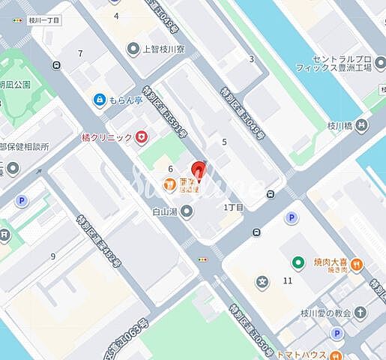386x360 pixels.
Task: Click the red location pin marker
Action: [199, 172]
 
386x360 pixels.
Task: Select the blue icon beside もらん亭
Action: [99, 99]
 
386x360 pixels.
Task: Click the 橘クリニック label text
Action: [106, 137]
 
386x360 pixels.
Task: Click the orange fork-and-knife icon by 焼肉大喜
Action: [357, 263]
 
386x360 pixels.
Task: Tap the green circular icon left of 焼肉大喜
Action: [298, 262]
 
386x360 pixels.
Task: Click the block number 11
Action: [288, 280]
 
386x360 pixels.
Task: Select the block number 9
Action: [53, 256]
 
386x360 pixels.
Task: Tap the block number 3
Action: [251, 58]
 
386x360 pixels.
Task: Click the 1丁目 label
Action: [233, 207]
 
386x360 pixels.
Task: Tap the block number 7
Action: [80, 53]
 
